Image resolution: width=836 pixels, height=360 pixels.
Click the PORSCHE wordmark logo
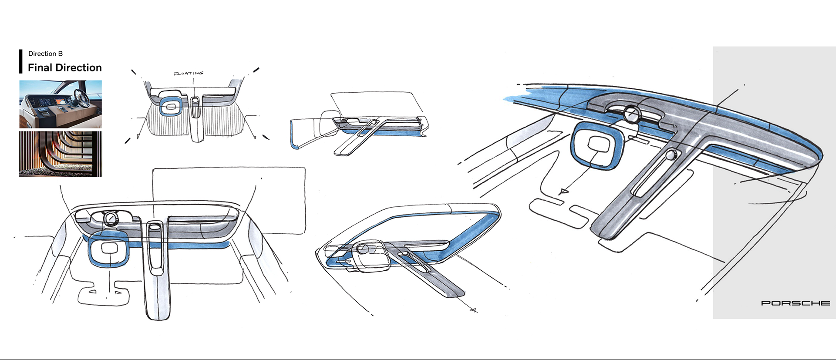(796, 303)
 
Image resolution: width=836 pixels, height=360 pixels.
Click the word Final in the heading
(40, 67)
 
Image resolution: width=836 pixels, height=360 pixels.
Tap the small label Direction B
(45, 54)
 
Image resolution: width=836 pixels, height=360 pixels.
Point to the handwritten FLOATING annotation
(189, 74)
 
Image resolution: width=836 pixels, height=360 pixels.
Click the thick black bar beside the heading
(20, 61)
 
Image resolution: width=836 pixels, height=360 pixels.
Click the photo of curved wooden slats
(61, 154)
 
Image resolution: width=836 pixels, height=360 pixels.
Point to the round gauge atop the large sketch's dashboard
(631, 114)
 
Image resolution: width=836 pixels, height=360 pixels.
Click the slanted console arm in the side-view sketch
(360, 136)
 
